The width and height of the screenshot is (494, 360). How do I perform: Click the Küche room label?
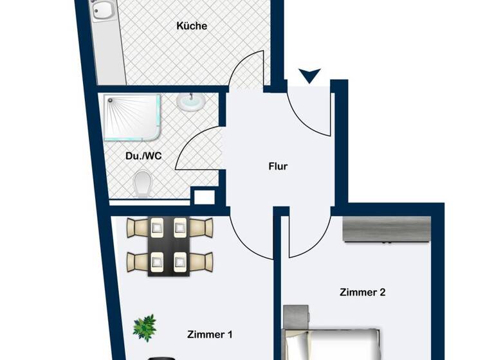pyautogui.click(x=192, y=26)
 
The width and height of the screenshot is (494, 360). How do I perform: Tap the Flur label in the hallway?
pyautogui.click(x=278, y=166)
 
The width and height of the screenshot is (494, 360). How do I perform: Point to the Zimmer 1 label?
pyautogui.click(x=210, y=334)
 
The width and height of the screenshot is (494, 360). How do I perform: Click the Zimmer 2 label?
pyautogui.click(x=362, y=292)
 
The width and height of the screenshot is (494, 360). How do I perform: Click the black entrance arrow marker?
pyautogui.click(x=309, y=76)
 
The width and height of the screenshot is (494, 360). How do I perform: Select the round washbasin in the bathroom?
pyautogui.click(x=188, y=101)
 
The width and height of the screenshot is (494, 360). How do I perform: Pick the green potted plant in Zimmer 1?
pyautogui.click(x=145, y=327)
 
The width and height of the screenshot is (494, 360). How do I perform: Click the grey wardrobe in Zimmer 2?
pyautogui.click(x=386, y=230)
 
